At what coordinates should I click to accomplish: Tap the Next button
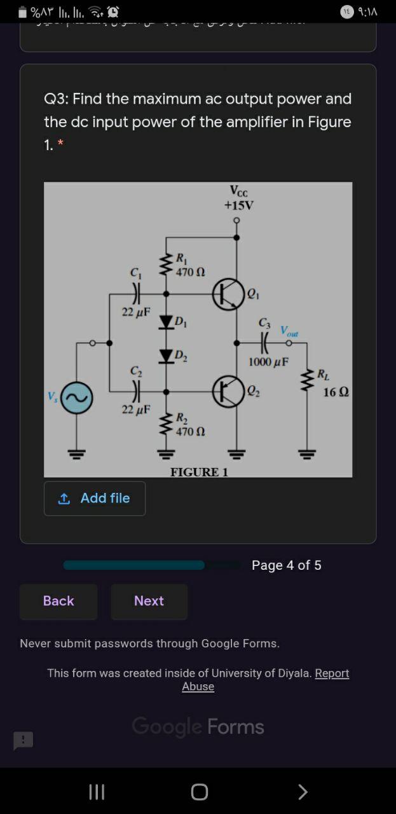[x=149, y=601]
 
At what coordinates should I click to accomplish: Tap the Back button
[x=58, y=601]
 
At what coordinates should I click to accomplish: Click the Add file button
[x=95, y=498]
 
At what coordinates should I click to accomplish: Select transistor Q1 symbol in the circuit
[x=228, y=294]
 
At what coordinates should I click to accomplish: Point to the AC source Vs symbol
[x=77, y=398]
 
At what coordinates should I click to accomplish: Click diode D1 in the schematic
[x=167, y=321]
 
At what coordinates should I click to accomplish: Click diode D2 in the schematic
[x=167, y=355]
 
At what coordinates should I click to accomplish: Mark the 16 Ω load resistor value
[x=336, y=392]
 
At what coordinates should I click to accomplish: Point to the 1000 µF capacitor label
[x=268, y=362]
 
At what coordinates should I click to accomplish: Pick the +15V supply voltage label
[x=238, y=205]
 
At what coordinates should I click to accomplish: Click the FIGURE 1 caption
[x=198, y=472]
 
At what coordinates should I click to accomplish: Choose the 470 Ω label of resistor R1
[x=190, y=272]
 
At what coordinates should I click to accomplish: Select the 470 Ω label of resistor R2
[x=190, y=432]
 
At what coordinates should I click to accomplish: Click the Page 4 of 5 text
[x=286, y=565]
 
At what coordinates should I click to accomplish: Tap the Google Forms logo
[x=198, y=726]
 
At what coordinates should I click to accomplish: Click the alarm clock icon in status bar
[x=113, y=11]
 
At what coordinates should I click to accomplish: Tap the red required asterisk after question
[x=60, y=144]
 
